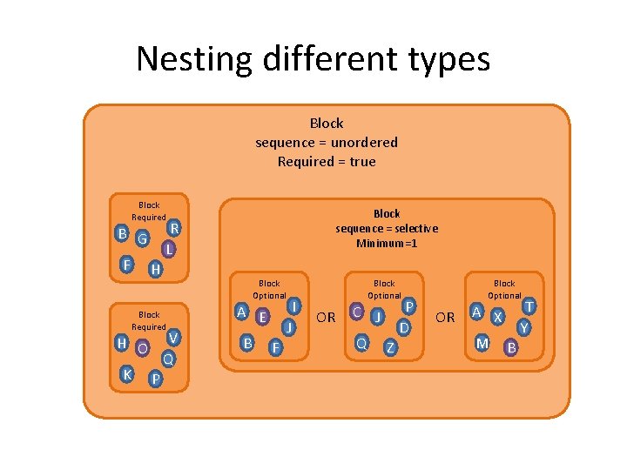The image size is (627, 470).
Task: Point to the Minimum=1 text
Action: point(387,243)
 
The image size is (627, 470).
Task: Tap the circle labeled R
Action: point(174,228)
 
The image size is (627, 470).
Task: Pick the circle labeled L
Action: point(170,249)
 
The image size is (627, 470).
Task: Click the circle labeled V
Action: point(173,338)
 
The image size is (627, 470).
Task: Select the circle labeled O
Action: point(141,347)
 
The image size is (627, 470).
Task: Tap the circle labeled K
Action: point(127,373)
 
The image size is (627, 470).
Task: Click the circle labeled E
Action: point(262,316)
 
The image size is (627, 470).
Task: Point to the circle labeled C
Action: point(356,311)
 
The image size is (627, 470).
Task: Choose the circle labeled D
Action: point(403,327)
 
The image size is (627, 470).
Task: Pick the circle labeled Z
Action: point(390,348)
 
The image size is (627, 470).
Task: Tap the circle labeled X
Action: point(497,317)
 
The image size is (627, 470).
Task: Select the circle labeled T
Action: point(528,306)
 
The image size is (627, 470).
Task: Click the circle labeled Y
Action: point(523,327)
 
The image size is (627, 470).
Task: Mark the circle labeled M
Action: point(482,343)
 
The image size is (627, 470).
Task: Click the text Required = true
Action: point(327,161)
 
